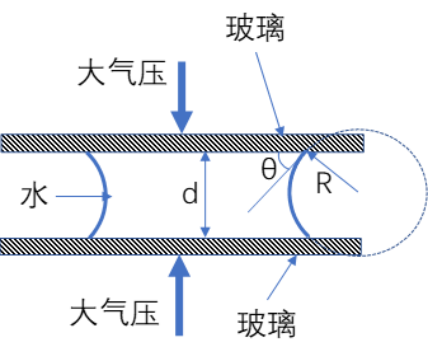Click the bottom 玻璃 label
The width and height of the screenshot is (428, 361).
click(266, 324)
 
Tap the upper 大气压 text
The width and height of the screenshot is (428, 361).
click(122, 72)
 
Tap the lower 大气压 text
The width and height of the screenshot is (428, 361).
click(115, 312)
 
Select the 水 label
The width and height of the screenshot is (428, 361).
click(34, 196)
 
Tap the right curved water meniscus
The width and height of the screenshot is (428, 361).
click(291, 196)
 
